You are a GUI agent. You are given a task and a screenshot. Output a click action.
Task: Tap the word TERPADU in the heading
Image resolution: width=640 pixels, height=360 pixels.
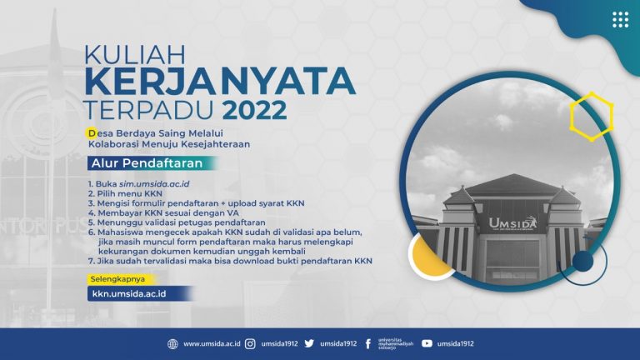148,110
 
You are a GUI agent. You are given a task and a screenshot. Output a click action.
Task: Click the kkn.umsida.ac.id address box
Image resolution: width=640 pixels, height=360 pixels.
137,293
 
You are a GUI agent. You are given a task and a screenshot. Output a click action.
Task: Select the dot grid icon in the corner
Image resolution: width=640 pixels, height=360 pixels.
619,20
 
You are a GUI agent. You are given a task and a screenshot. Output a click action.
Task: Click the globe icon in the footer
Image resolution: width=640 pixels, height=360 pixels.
172,343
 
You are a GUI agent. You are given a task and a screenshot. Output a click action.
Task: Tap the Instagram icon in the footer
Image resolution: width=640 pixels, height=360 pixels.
250,343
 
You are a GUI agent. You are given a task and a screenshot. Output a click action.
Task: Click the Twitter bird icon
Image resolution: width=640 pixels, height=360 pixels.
309,343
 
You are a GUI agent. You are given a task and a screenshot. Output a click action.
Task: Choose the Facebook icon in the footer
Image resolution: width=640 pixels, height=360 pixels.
368,343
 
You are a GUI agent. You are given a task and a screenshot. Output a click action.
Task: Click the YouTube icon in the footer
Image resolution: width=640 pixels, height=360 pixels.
427,343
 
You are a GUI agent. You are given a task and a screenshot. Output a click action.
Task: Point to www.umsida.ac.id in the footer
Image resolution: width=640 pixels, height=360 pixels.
212,343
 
